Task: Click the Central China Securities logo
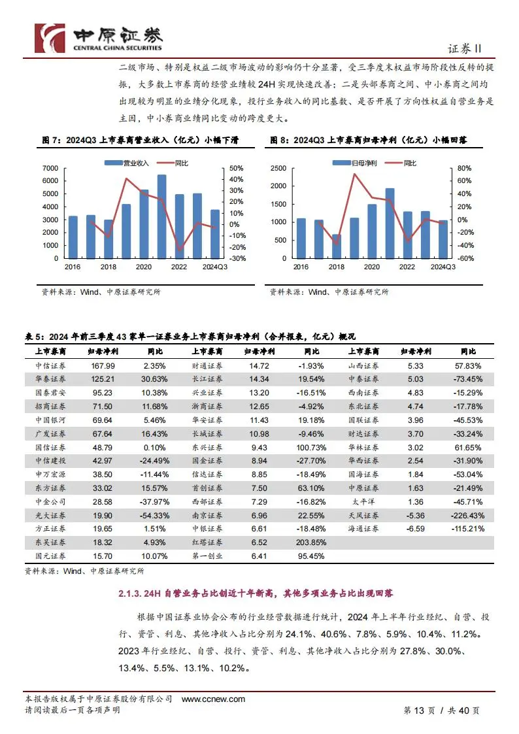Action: pos(98,37)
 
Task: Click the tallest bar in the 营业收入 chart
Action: pos(161,216)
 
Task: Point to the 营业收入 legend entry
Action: pos(135,161)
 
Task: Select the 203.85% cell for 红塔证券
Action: pos(306,542)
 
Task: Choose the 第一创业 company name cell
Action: pos(207,556)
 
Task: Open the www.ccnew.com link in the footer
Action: pos(213,699)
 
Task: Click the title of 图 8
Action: pos(372,141)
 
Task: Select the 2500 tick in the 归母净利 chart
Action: pos(278,168)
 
